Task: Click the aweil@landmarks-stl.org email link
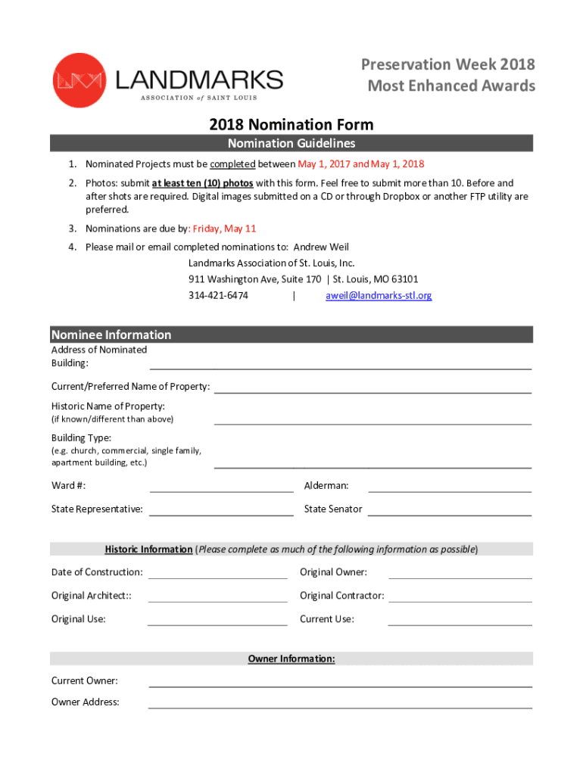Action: (x=379, y=296)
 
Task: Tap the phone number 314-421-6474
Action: (x=218, y=296)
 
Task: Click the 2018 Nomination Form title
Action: (x=291, y=125)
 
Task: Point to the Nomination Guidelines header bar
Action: (x=291, y=144)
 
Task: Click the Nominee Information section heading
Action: (x=111, y=335)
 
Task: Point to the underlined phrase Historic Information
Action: (x=148, y=549)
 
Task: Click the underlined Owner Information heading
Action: (x=291, y=659)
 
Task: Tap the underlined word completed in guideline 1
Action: (x=232, y=164)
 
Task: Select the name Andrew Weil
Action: (x=321, y=247)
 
